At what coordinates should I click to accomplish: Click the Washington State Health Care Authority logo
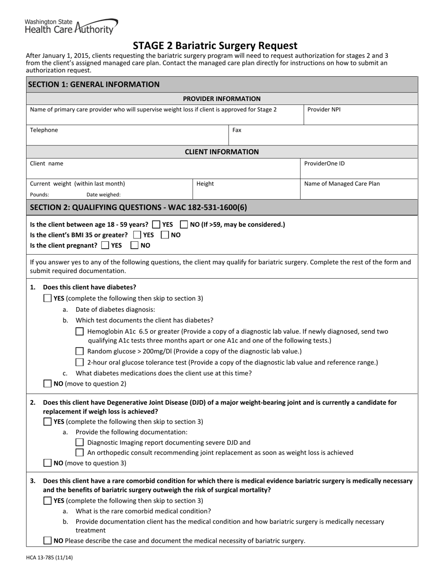tap(71, 27)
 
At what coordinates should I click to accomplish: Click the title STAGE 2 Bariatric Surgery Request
tap(215, 46)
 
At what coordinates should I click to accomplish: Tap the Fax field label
tap(237, 130)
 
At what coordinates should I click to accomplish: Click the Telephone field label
tap(44, 130)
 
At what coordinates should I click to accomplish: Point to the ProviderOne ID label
tap(324, 164)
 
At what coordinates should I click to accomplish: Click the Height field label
tap(205, 184)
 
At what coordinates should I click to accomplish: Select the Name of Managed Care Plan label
tap(342, 184)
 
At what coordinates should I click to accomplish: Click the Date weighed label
tap(103, 195)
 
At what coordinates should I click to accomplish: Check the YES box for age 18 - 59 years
tap(157, 224)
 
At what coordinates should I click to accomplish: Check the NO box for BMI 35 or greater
tap(165, 235)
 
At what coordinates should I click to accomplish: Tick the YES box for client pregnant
tap(105, 245)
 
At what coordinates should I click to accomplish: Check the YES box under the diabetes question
tap(48, 298)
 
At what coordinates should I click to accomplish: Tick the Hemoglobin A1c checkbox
tap(79, 331)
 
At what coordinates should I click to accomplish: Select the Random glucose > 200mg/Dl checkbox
tap(79, 351)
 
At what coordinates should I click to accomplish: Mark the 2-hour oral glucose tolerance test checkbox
tap(79, 362)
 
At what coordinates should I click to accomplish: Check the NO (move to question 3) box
tap(48, 463)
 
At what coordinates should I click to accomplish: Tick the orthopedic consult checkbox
tap(79, 453)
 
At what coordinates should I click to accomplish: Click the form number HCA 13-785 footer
tap(49, 557)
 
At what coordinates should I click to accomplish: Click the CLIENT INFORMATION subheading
tap(222, 152)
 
